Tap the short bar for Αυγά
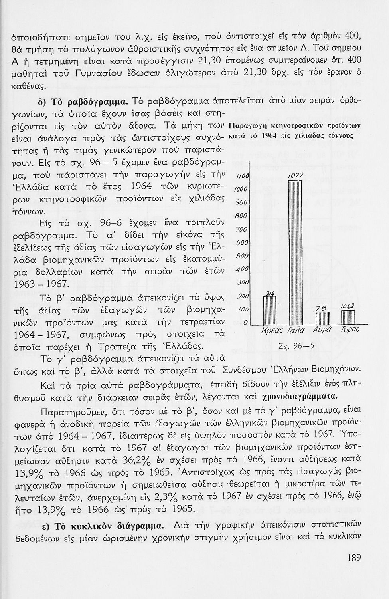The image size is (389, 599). tap(322, 318)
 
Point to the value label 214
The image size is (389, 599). tap(270, 294)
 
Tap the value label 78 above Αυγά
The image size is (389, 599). tap(321, 308)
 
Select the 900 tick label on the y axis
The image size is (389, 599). tap(242, 202)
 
